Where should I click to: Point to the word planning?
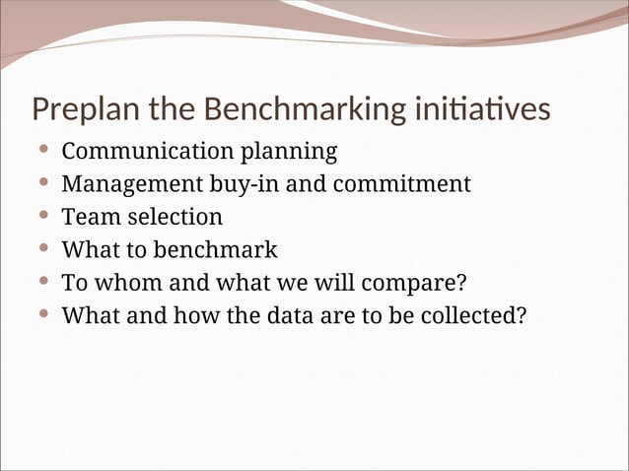(289, 154)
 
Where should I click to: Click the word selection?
(175, 217)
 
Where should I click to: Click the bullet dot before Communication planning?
(43, 152)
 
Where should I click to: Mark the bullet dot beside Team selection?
(43, 217)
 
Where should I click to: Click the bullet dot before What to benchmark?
(43, 249)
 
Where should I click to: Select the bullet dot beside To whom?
(43, 283)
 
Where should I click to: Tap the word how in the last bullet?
(192, 316)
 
